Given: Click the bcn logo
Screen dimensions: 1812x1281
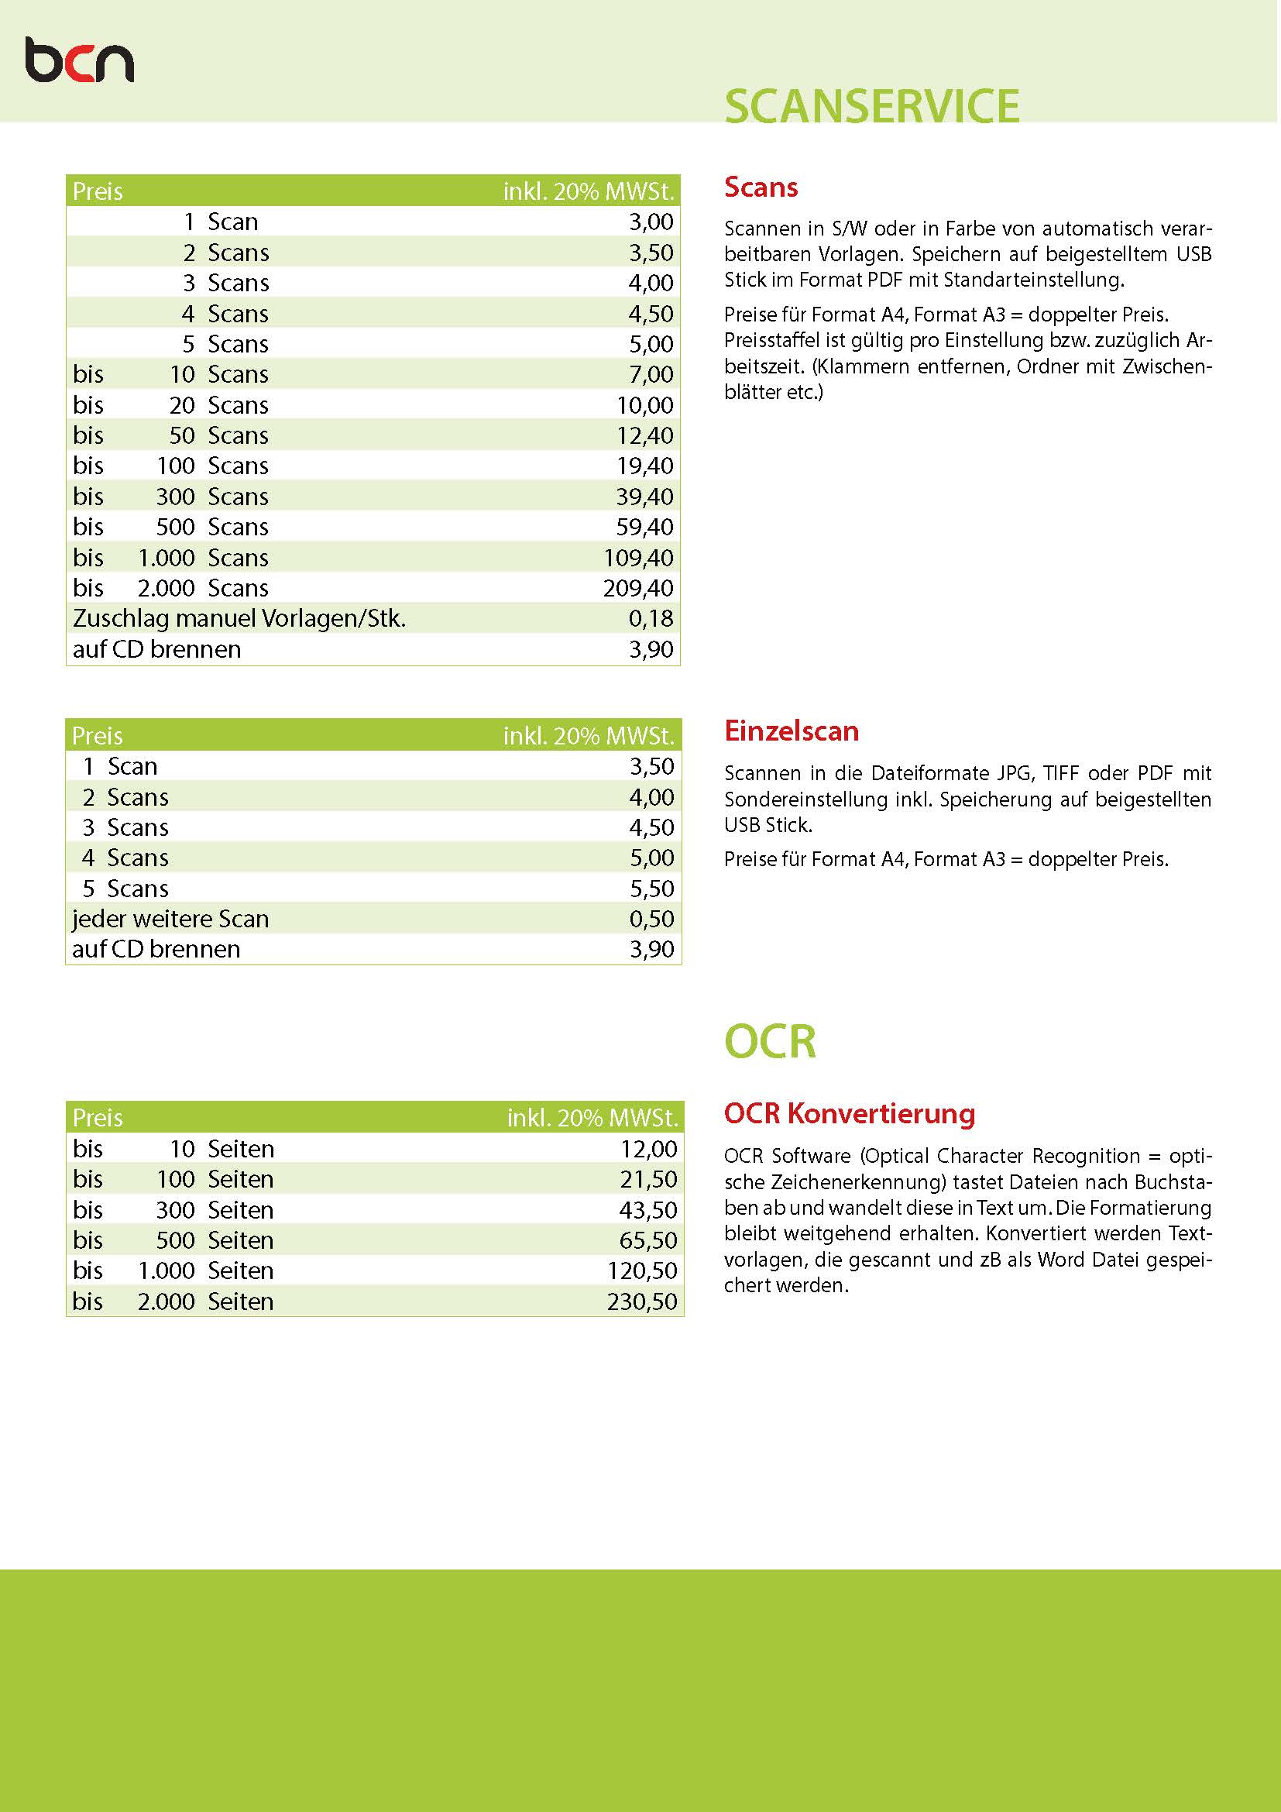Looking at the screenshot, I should [x=79, y=60].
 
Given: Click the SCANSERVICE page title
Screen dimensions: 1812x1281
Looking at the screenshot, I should [x=871, y=106].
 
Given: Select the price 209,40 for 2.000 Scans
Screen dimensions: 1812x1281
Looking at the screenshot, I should [x=638, y=588].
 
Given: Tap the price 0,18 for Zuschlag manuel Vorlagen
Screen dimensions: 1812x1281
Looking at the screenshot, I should [x=651, y=618].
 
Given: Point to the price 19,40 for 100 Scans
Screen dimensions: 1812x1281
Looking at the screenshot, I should [x=644, y=466].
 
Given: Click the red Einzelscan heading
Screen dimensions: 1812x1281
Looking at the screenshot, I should [x=792, y=731].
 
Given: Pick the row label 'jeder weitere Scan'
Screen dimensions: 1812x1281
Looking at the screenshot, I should [x=170, y=919].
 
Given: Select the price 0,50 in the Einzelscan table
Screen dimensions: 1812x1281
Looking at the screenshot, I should [x=651, y=919].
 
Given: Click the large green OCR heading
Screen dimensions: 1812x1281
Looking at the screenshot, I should [x=770, y=1041].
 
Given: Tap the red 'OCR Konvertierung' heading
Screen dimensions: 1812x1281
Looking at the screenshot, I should [x=850, y=1113].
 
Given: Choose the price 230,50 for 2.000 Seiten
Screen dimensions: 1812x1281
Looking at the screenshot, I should [x=642, y=1301].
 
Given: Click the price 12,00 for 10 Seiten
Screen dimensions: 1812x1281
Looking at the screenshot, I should [x=648, y=1149].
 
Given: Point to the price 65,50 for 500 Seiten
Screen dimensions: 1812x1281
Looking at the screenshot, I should [x=647, y=1240].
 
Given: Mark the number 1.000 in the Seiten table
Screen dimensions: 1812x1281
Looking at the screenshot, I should [x=167, y=1270].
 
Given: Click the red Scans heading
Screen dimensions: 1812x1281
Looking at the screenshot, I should [x=761, y=187].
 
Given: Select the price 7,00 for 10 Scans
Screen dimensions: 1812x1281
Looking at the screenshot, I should [x=651, y=374].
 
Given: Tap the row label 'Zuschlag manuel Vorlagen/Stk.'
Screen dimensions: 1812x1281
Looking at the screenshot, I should [x=239, y=618].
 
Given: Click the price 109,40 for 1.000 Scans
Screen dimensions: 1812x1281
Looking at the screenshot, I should [x=638, y=558].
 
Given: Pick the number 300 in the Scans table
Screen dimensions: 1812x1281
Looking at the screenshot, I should [x=175, y=497].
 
